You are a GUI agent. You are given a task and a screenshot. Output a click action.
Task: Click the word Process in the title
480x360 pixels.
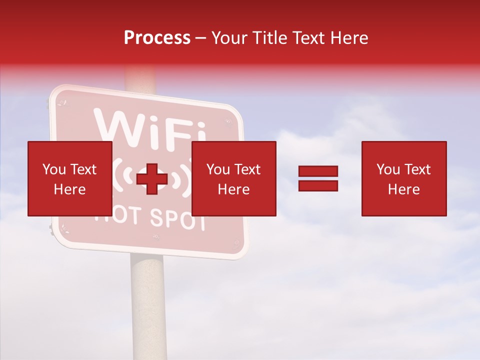(157, 38)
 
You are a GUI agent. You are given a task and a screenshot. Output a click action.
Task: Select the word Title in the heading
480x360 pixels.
(269, 38)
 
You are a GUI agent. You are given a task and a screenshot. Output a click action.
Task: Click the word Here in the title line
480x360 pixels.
(351, 38)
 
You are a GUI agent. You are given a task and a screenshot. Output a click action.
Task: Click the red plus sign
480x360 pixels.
(152, 178)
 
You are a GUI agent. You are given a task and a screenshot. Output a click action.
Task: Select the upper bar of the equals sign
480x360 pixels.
(318, 171)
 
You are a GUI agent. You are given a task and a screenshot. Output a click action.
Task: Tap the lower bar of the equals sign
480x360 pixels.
(318, 185)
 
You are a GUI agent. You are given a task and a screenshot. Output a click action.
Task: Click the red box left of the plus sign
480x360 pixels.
(69, 178)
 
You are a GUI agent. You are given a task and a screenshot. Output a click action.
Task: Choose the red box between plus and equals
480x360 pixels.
(233, 178)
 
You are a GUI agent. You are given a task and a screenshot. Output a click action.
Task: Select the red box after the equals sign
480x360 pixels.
(404, 178)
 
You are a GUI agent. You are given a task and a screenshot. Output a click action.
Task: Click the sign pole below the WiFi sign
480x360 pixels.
(148, 305)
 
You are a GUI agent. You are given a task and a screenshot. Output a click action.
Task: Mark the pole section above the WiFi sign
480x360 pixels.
(141, 80)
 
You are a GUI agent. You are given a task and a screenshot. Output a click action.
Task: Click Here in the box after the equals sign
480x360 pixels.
(403, 189)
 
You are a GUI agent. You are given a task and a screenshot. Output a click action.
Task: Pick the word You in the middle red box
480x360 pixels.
(217, 169)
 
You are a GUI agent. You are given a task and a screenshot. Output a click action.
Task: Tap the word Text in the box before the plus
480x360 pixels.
(83, 169)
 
